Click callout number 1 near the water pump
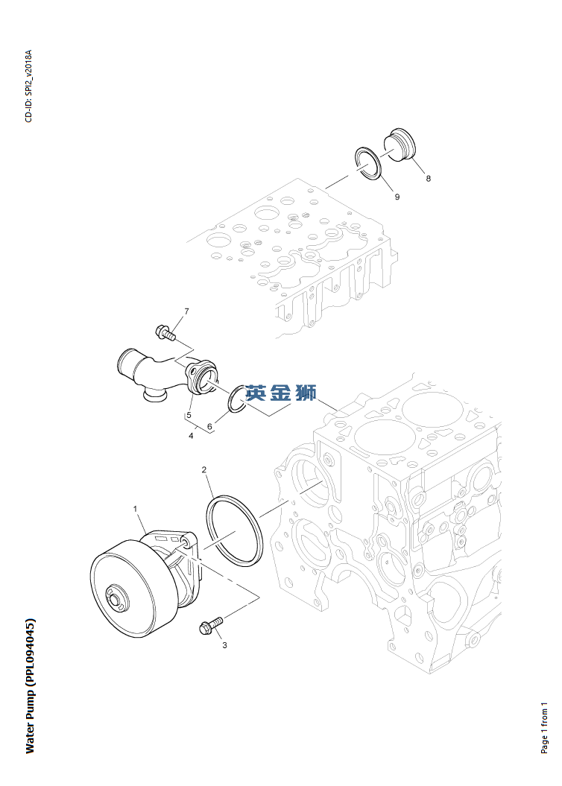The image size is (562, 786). point(136,509)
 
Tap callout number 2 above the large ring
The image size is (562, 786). point(204,470)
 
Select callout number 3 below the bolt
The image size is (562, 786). point(224,646)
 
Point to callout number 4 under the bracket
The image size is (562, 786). point(191,436)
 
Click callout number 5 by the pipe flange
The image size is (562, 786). point(189,414)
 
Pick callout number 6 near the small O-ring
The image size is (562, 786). point(209,427)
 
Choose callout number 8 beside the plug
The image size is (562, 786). point(428,179)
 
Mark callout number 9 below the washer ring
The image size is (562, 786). point(397,197)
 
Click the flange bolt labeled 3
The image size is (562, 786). point(209,626)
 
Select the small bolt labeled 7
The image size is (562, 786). point(164,332)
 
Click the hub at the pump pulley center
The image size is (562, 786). point(116,600)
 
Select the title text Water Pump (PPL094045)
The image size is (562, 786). point(30,685)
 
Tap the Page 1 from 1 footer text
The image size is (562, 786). point(544,726)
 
